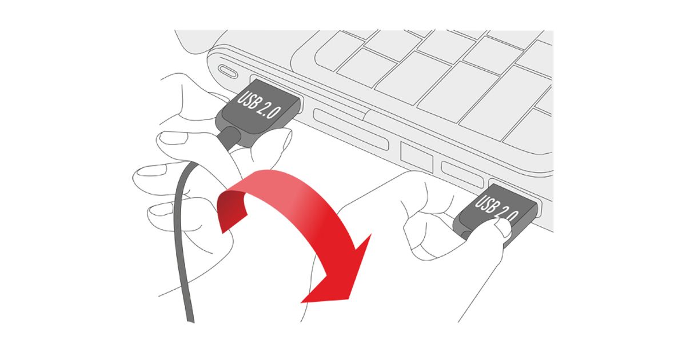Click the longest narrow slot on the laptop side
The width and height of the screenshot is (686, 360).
pyautogui.click(x=350, y=129)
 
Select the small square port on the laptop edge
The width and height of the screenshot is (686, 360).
pyautogui.click(x=417, y=157)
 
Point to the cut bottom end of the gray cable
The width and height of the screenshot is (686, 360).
pyautogui.click(x=190, y=321)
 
